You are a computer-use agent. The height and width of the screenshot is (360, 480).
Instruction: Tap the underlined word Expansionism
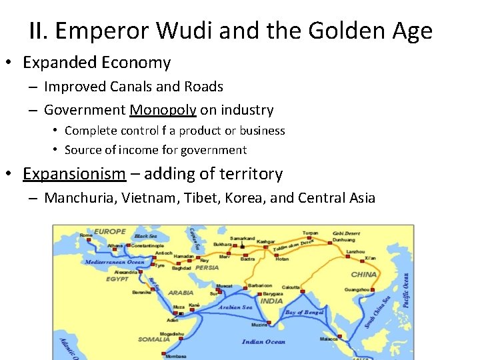pos(74,174)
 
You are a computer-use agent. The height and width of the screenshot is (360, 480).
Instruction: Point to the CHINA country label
pos(363,274)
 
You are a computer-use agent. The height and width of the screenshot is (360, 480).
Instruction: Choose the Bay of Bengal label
pos(305,312)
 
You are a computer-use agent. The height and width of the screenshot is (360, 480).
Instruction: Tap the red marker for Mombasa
pos(164,354)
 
